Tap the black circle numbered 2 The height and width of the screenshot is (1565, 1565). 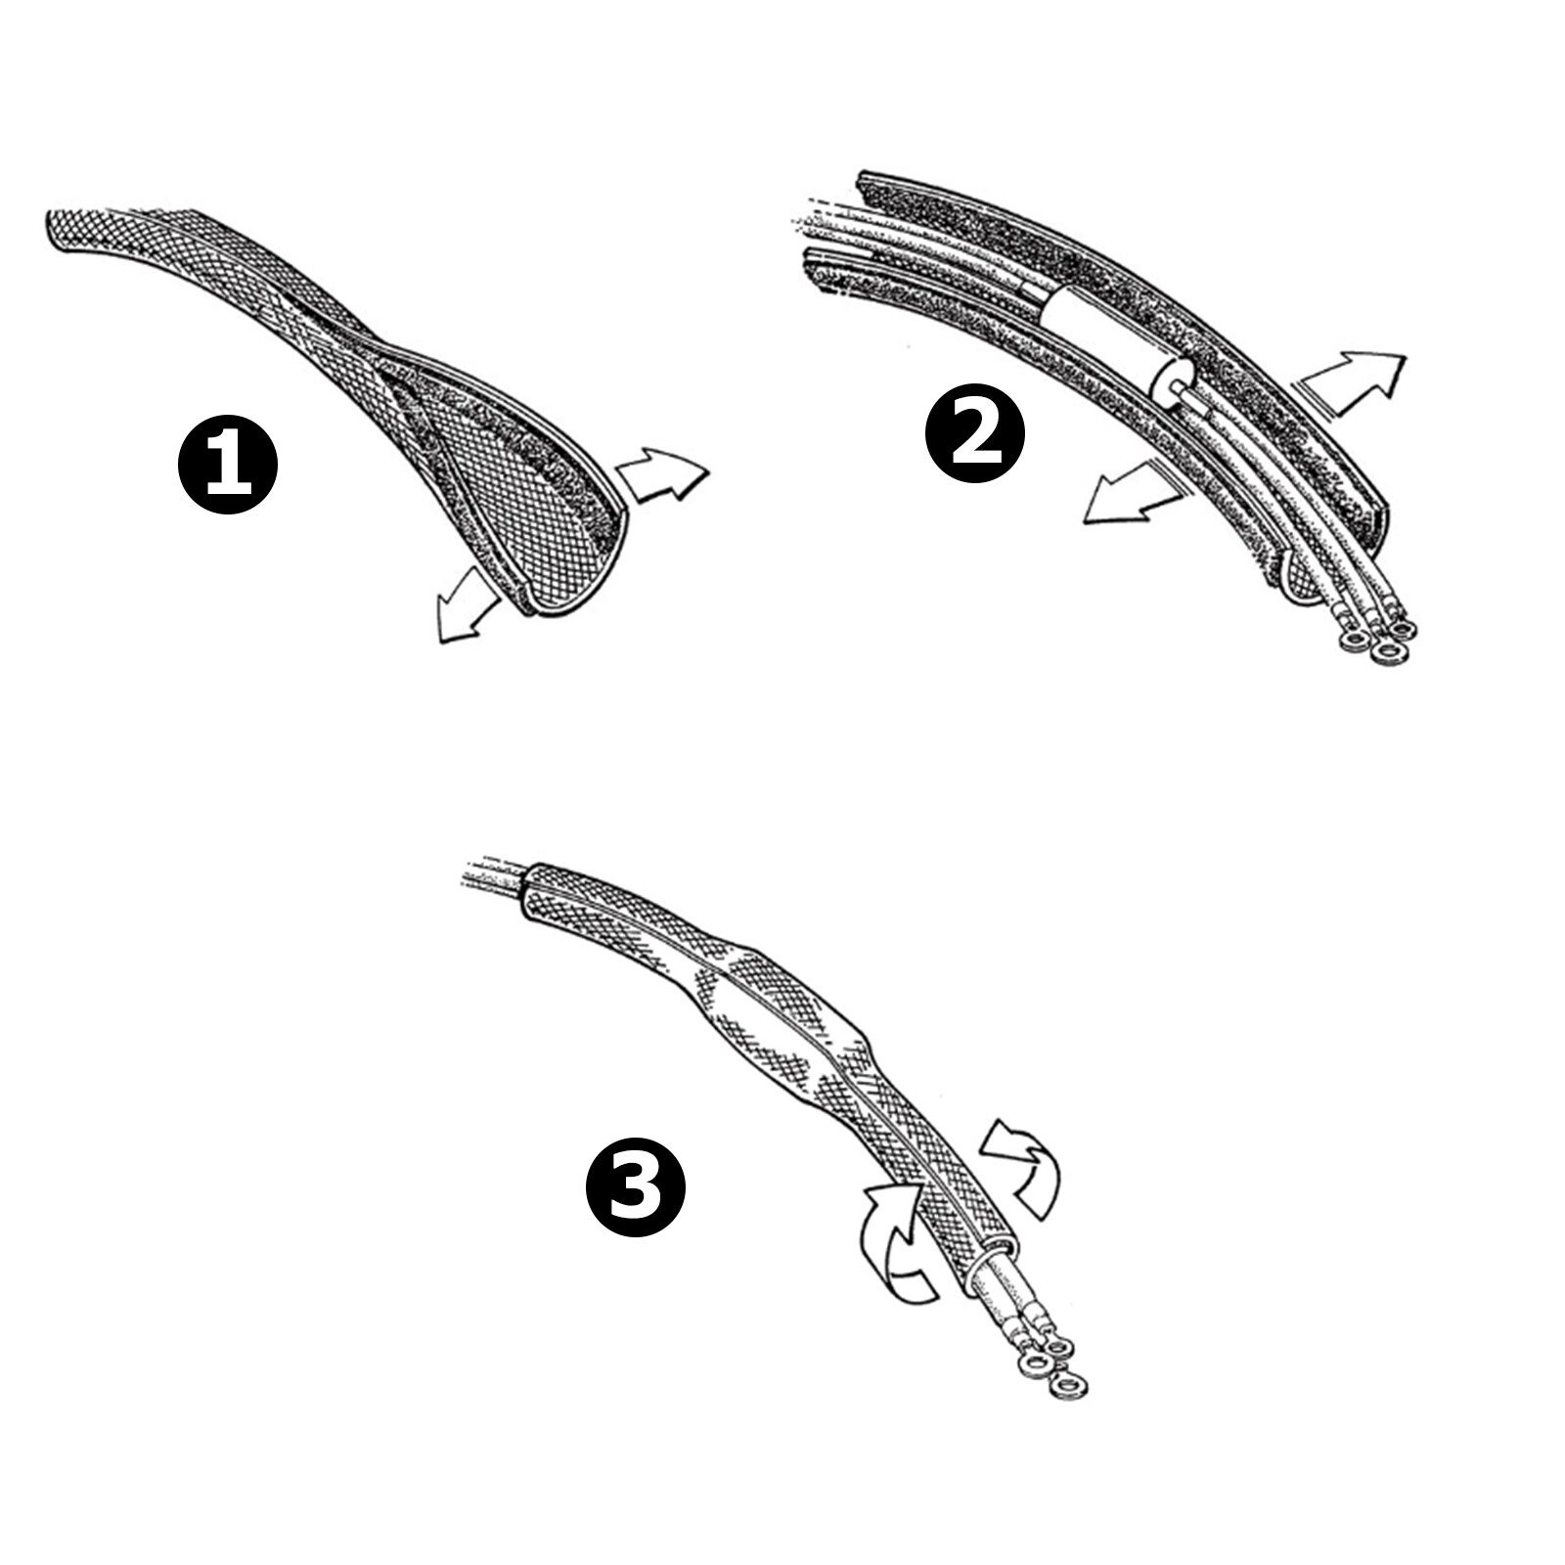coord(975,432)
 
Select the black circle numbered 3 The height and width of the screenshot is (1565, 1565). coord(636,1186)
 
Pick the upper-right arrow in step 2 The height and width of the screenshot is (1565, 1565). coord(1355,383)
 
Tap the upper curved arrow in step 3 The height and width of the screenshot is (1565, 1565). coord(1022,1169)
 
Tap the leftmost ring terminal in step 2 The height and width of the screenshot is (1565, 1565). coord(1355,641)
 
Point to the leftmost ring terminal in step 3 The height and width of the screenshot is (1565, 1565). coord(1031,1364)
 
